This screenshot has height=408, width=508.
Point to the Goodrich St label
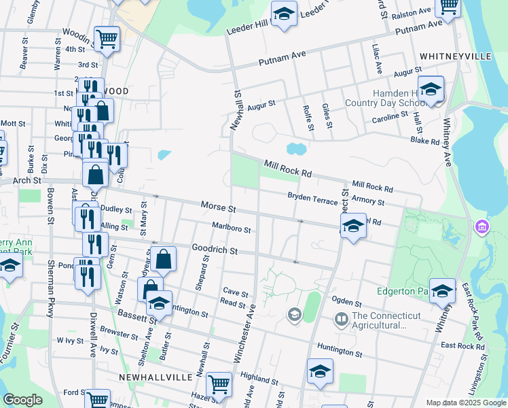click(x=214, y=250)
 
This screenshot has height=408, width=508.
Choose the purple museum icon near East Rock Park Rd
click(x=482, y=225)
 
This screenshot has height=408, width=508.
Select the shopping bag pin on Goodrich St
click(x=163, y=259)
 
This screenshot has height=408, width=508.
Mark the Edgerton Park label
click(x=403, y=291)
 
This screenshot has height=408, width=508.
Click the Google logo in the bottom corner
click(x=22, y=400)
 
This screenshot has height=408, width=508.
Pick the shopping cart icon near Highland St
click(x=219, y=384)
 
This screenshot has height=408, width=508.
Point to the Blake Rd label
click(x=425, y=141)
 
